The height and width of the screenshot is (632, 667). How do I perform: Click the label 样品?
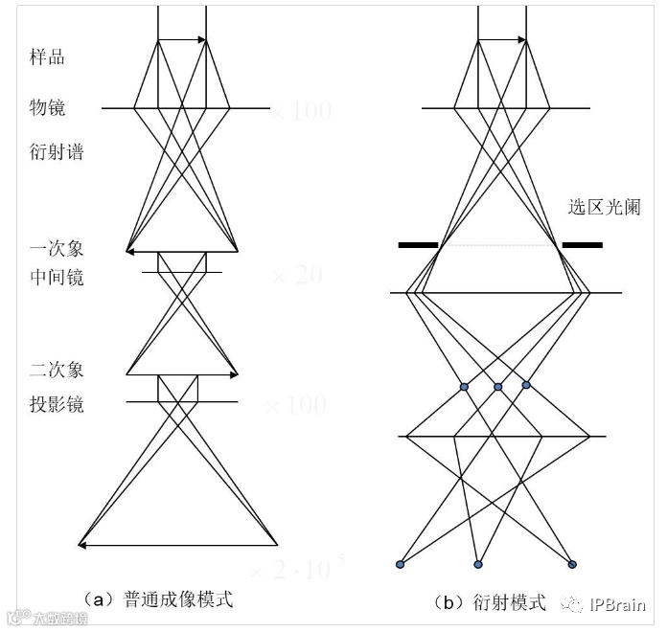click(x=47, y=56)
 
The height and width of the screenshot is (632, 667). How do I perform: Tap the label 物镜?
click(x=47, y=108)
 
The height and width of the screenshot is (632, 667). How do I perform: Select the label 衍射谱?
click(x=56, y=151)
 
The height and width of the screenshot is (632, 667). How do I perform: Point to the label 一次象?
click(x=56, y=248)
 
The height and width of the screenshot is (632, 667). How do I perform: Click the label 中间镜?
click(x=56, y=277)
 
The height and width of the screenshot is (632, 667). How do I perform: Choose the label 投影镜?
click(x=56, y=404)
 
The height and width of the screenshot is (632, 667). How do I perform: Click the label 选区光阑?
click(x=604, y=206)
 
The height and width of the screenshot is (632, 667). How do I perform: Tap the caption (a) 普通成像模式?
click(x=158, y=600)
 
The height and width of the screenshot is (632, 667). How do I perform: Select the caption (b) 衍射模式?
click(x=490, y=602)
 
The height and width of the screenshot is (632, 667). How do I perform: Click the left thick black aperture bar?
click(x=418, y=245)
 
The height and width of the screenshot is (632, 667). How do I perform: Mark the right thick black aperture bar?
click(x=582, y=245)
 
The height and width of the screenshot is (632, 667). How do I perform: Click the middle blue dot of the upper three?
click(x=498, y=387)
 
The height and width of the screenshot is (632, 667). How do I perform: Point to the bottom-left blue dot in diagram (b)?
click(x=401, y=563)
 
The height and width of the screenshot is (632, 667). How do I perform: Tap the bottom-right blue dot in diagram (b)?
click(x=572, y=563)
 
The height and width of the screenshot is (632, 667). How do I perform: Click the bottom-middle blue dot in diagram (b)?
click(x=478, y=563)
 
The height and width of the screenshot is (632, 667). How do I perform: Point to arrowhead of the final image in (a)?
click(x=81, y=546)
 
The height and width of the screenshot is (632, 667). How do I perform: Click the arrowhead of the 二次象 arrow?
click(x=233, y=373)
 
